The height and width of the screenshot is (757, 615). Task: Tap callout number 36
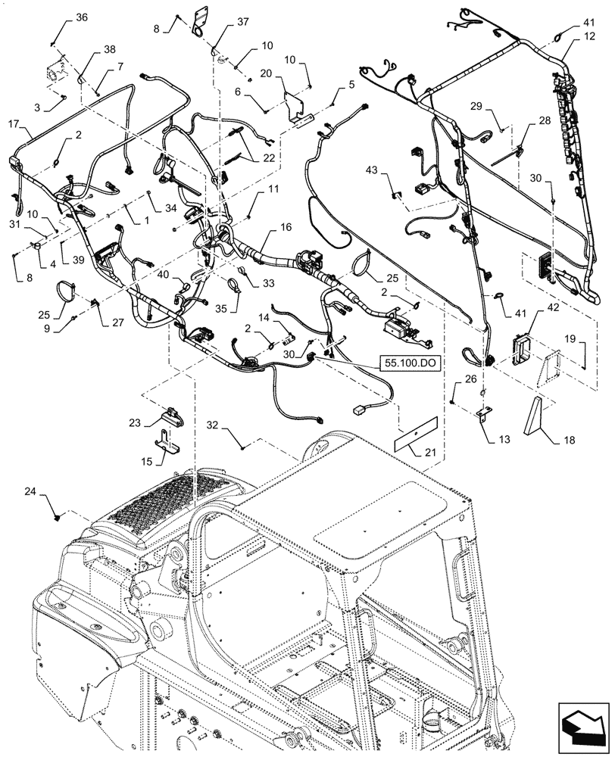click(82, 18)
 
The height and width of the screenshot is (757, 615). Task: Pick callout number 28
click(545, 121)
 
